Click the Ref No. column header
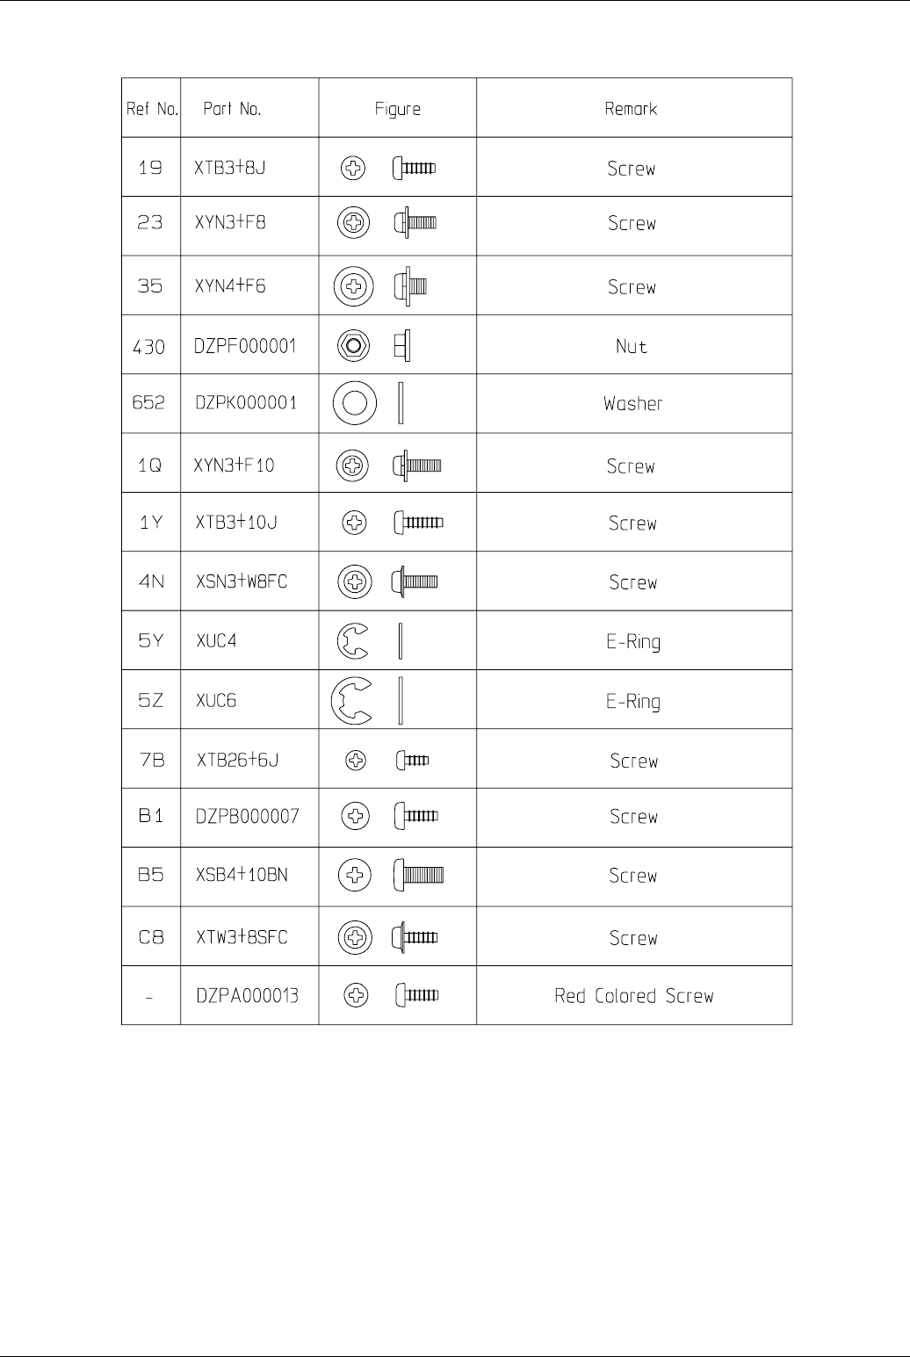coord(151,109)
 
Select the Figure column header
coord(397,109)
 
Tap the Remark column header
coord(631,109)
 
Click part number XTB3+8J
coord(230,168)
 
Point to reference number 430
coord(149,347)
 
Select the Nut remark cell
coord(632,347)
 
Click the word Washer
coord(632,404)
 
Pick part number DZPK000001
coord(245,403)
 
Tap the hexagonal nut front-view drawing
coord(353,346)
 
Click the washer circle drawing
coord(355,403)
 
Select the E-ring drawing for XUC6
coord(350,700)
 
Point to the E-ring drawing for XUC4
coord(352,640)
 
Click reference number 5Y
coord(150,641)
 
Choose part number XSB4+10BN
coord(241,876)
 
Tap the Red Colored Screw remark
coord(633,996)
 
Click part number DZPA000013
coord(246,996)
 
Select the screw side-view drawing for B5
coord(418,875)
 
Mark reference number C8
coord(150,937)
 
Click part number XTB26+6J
coord(236,760)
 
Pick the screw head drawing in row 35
coord(354,286)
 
